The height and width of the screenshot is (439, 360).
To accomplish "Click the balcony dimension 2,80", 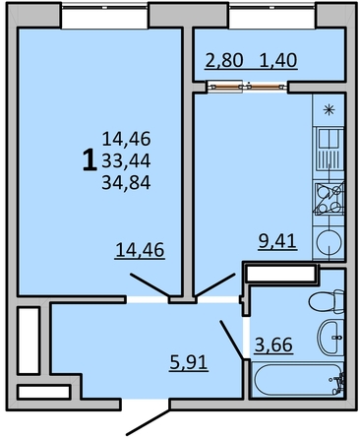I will pos(222,61).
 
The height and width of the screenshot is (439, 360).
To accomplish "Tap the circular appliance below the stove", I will pos(328,242).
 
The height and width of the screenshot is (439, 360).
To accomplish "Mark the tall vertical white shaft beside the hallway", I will pos(29,340).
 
